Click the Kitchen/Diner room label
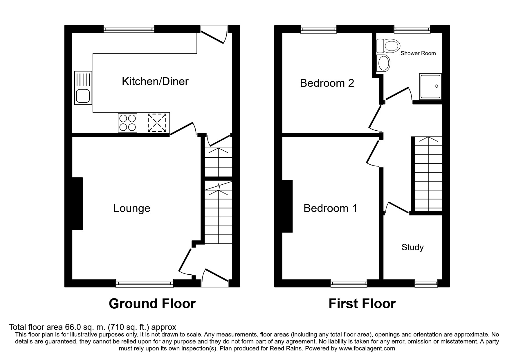(x=155, y=82)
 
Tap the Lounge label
(x=132, y=208)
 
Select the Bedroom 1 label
(x=330, y=208)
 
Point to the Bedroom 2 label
(x=327, y=83)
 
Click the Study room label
(x=412, y=247)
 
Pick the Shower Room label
(x=418, y=53)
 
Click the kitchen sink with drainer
(x=83, y=88)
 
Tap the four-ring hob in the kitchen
(x=127, y=123)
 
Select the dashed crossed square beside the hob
(x=157, y=123)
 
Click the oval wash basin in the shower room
(x=384, y=63)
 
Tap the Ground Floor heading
(x=152, y=304)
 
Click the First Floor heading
(x=362, y=304)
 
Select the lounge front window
(x=144, y=283)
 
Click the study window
(x=426, y=283)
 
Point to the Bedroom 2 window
(x=318, y=29)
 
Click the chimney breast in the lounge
(x=77, y=204)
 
